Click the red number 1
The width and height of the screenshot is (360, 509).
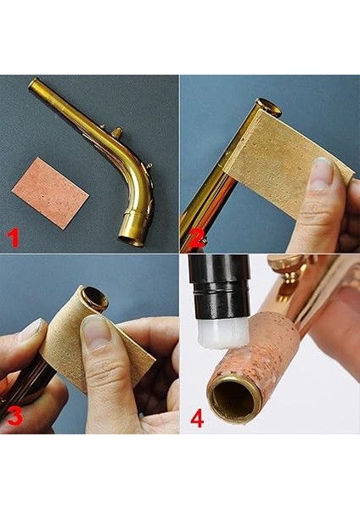pos(14,238)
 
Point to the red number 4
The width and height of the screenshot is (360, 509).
pos(196,418)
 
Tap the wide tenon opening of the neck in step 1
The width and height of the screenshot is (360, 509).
pos(132,238)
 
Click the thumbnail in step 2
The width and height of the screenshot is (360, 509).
pos(322,172)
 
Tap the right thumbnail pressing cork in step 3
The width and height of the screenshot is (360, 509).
pos(95,331)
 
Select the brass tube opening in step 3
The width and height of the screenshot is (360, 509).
pos(94,298)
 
